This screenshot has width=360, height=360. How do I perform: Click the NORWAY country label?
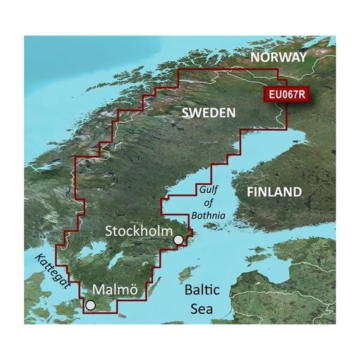click(x=279, y=57)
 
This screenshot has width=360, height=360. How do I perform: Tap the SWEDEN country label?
click(x=208, y=113)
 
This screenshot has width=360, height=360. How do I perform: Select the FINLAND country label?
click(x=274, y=191)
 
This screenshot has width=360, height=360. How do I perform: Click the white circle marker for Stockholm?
click(x=179, y=240)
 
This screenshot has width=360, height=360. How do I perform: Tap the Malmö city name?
click(x=115, y=289)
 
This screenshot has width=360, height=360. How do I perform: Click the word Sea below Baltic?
click(x=201, y=309)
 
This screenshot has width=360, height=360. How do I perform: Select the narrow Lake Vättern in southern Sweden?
click(x=116, y=259)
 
